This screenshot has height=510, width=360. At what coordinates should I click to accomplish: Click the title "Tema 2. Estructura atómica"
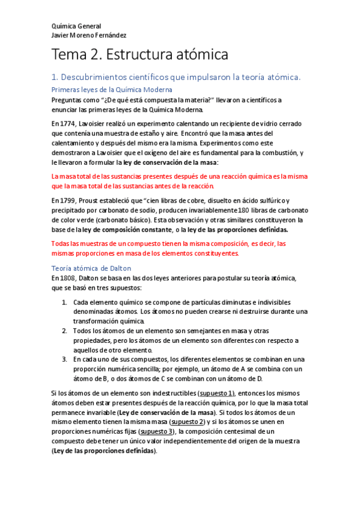pyautogui.click(x=140, y=55)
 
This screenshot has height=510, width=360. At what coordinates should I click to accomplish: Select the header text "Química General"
pyautogui.click(x=76, y=26)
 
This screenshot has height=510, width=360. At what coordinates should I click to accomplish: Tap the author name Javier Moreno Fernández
pyautogui.click(x=89, y=35)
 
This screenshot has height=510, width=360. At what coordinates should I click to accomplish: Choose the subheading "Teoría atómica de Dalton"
pyautogui.click(x=91, y=268)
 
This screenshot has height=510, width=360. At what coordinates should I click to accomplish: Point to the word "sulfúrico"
pyautogui.click(x=266, y=200)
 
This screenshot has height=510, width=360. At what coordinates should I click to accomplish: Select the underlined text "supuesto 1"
pyautogui.click(x=216, y=393)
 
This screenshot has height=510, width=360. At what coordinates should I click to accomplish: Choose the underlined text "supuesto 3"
pyautogui.click(x=156, y=431)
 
